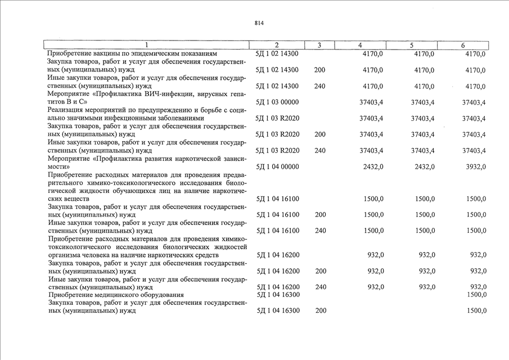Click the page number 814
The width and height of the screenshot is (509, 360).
coord(259,23)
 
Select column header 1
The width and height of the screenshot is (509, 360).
coord(146,45)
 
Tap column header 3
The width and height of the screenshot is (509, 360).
coord(319,45)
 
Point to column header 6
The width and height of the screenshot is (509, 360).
coord(462,45)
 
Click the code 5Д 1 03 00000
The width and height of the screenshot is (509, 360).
coord(277,102)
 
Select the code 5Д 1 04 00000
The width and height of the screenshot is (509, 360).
coord(277,167)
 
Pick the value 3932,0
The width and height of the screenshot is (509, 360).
coord(474,167)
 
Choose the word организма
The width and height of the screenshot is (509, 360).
coord(65,255)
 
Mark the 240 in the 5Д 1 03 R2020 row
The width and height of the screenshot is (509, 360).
coord(319,151)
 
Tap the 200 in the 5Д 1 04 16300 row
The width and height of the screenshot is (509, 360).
coord(319,310)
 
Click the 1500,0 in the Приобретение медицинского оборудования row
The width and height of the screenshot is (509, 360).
coord(476,295)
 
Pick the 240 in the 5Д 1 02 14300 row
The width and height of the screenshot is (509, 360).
coord(319,87)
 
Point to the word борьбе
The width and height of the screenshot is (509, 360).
coord(211,110)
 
